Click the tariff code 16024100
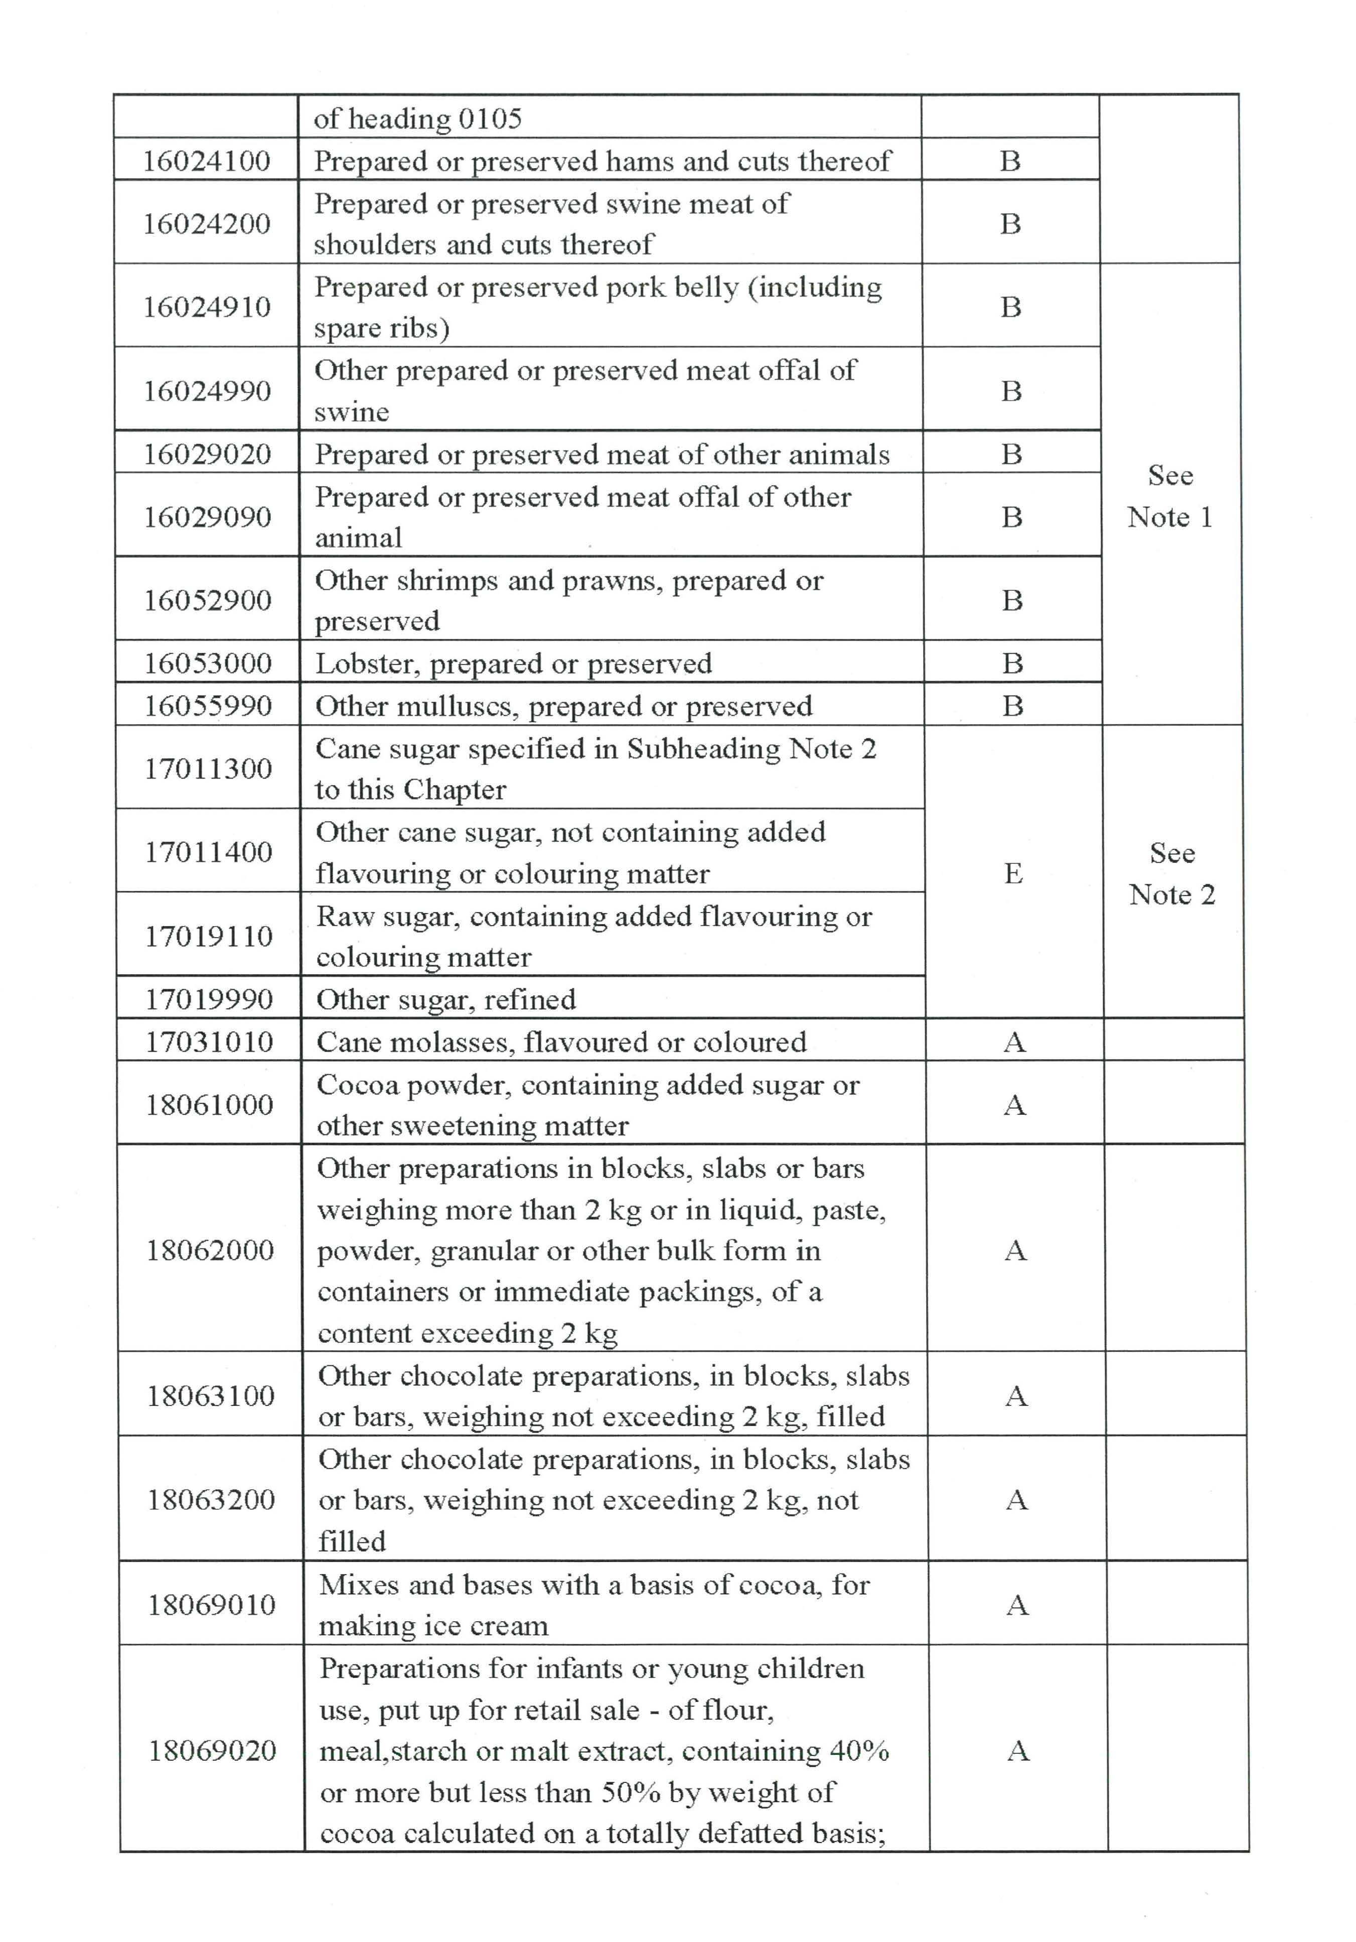(206, 161)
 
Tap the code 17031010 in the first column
(209, 1041)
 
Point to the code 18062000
(210, 1250)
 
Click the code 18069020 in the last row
(212, 1750)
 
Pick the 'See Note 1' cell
(1170, 495)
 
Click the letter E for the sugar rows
(1013, 873)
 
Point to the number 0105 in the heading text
(490, 118)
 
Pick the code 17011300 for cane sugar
(208, 768)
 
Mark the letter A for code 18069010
(1017, 1605)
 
